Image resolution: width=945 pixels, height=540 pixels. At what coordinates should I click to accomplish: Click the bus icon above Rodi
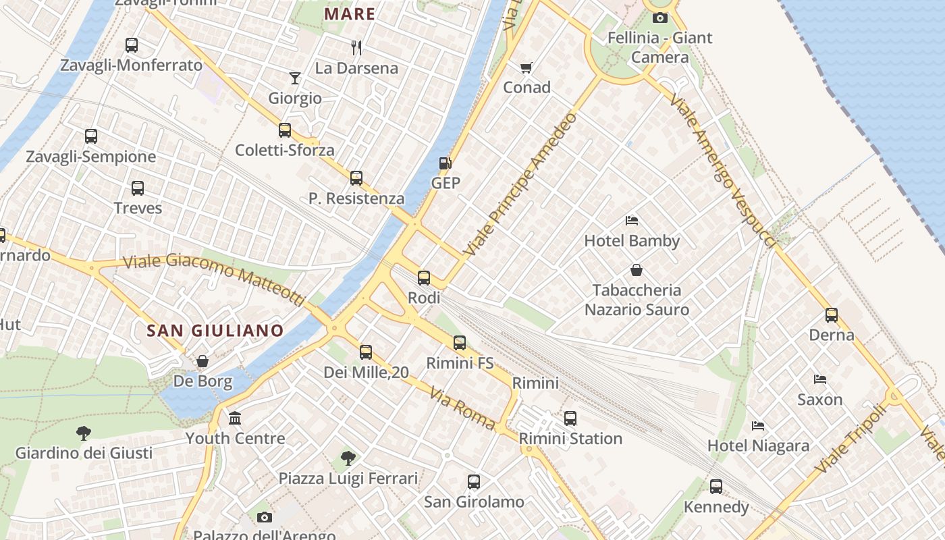click(424, 277)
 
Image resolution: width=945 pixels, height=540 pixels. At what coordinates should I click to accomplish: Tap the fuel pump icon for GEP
click(445, 163)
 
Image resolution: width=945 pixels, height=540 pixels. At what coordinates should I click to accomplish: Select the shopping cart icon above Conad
click(526, 67)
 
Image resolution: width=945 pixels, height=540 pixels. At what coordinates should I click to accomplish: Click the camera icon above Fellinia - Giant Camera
click(660, 18)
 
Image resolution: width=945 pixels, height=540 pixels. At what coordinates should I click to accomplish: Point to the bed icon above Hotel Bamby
click(632, 221)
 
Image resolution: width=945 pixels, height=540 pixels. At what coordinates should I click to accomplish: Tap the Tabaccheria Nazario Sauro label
click(637, 300)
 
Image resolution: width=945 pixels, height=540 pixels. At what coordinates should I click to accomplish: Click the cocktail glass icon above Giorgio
click(295, 78)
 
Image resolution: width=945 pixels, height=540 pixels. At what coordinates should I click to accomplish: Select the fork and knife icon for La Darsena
click(357, 47)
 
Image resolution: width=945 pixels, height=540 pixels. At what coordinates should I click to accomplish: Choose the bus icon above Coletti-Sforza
click(285, 130)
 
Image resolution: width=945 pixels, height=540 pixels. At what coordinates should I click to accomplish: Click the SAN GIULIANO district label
click(215, 331)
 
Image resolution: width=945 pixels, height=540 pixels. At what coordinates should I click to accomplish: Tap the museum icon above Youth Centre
click(235, 418)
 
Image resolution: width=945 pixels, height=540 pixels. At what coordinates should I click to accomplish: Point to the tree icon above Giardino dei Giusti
click(84, 433)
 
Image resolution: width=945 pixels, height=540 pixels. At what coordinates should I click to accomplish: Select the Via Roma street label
click(462, 408)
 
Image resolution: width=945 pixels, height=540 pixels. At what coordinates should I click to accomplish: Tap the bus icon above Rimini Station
click(570, 418)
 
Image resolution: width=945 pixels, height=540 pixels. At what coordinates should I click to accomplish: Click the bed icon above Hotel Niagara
click(758, 426)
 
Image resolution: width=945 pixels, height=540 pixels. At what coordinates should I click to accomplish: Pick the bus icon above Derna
click(832, 315)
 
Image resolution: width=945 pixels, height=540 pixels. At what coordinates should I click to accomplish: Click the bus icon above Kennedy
click(716, 486)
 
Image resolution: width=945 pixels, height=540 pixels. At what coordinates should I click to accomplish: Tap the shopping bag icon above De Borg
click(202, 361)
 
